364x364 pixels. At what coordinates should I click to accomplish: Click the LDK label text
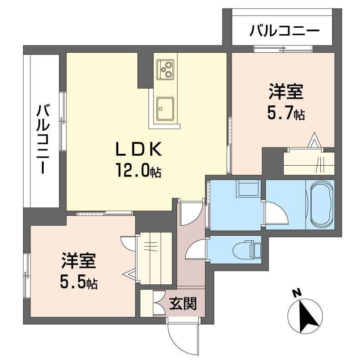[x=139, y=149]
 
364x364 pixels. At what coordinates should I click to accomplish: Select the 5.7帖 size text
[x=286, y=112]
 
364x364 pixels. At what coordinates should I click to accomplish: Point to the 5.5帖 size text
[x=79, y=281]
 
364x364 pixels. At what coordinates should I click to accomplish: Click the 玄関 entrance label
[x=183, y=303]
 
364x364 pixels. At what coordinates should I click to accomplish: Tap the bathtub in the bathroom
[x=321, y=205]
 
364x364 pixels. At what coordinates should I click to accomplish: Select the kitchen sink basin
[x=165, y=109]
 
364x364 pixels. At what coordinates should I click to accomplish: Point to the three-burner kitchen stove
[x=165, y=69]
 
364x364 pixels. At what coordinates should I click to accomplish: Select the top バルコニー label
[x=285, y=31]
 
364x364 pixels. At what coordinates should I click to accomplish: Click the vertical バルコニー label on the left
[x=43, y=139]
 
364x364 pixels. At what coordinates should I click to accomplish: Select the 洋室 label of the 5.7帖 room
[x=286, y=91]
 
